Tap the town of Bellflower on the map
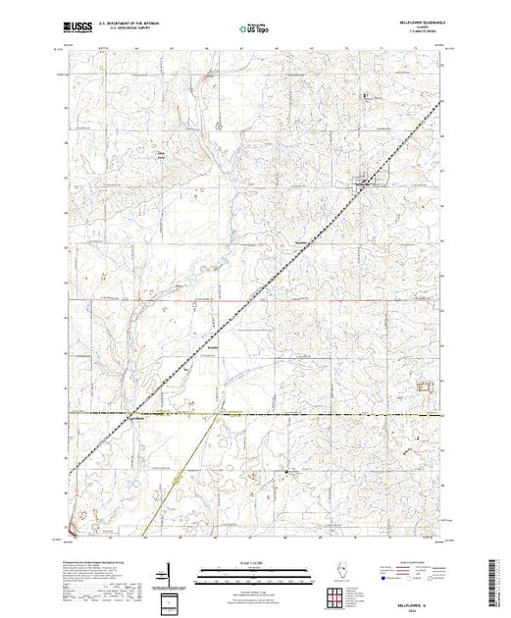pyautogui.click(x=364, y=182)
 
